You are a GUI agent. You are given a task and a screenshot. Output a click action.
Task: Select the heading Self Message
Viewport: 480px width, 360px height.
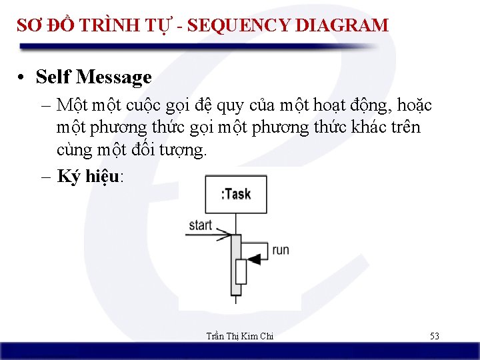coord(93,77)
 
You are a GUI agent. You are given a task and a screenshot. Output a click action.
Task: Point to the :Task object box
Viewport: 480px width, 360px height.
coord(235,194)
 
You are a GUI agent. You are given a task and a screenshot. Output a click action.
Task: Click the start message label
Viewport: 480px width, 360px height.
coord(200,225)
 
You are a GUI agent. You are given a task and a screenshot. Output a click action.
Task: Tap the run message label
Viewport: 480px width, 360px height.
coord(281,250)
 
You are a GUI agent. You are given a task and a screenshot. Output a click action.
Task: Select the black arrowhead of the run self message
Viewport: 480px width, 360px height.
coord(253,257)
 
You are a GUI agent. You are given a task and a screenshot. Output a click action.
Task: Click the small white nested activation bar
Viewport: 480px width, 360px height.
coord(241,272)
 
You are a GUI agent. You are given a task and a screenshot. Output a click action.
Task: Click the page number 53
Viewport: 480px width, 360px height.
coord(434,336)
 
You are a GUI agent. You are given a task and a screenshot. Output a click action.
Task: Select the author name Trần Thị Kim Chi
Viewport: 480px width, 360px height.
coord(239,336)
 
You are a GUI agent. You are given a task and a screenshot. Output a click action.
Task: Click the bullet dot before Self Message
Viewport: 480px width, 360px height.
coord(23,78)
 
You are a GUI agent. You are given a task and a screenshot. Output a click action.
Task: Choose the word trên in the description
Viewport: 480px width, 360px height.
coord(405,127)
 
